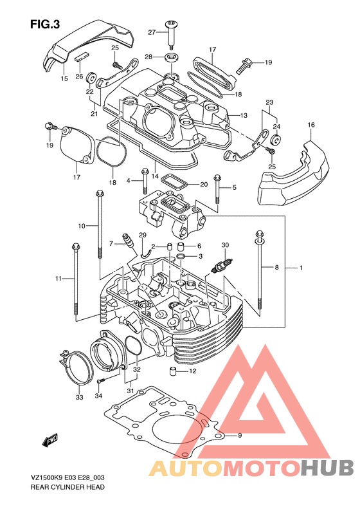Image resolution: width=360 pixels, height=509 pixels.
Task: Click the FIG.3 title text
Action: (x=45, y=24)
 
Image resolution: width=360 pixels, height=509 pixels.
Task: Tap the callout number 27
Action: (x=152, y=32)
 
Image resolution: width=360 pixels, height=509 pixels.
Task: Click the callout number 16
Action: (x=311, y=125)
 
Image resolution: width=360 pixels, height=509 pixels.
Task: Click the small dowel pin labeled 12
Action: (x=173, y=371)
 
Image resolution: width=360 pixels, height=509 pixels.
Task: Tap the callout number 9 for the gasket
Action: (x=240, y=436)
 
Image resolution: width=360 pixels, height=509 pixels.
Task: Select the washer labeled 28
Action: (x=171, y=58)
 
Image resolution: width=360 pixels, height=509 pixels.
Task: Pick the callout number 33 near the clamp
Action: (x=80, y=397)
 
